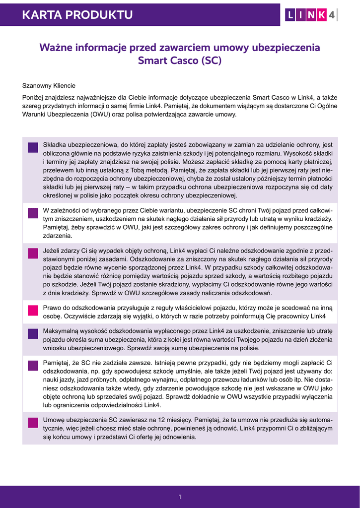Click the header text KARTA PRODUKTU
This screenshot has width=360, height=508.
(x=77, y=15)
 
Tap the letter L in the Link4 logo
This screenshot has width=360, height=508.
(x=290, y=15)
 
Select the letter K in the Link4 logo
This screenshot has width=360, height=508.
(x=321, y=15)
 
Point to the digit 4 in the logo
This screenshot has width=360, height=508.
(x=332, y=15)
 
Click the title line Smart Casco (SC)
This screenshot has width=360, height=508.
(x=180, y=61)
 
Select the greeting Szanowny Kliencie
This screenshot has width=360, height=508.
(x=49, y=86)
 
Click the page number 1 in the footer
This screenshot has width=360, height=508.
(x=180, y=497)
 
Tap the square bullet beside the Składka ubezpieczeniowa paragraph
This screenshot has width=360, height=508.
(x=33, y=147)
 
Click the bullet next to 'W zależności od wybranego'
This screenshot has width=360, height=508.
(x=33, y=213)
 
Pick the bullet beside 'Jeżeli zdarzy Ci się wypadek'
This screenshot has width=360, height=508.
(x=33, y=254)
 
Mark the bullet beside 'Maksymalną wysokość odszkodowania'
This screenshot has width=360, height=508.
(x=33, y=333)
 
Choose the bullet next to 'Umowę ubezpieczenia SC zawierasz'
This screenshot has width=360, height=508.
(x=33, y=422)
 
